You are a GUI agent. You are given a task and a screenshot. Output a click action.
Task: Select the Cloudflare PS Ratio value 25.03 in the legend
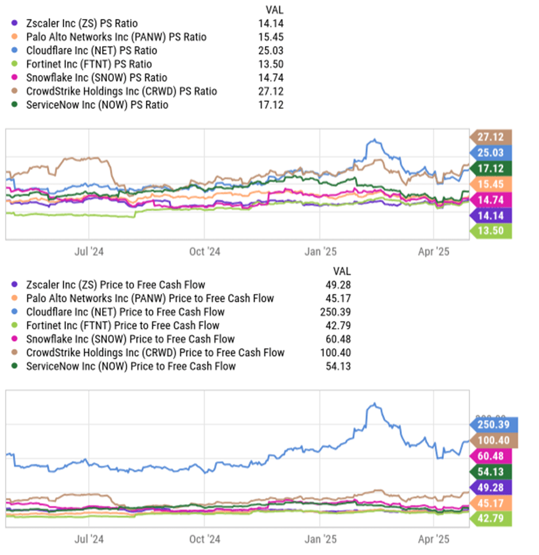pos(271,50)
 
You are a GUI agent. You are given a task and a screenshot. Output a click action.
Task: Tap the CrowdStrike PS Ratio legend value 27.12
pos(271,91)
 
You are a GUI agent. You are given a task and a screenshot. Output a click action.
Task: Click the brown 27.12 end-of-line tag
pos(491,138)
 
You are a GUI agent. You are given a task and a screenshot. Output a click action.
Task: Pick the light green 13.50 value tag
pos(491,230)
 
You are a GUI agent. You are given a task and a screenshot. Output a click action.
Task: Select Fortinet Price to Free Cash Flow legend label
pos(114,326)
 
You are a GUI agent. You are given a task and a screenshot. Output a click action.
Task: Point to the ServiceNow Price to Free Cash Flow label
pos(131,366)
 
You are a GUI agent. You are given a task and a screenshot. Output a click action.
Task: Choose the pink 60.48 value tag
pos(491,456)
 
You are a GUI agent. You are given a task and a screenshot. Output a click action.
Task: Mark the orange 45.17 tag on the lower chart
pos(491,503)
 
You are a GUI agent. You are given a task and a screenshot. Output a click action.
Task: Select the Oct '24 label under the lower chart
pos(204,540)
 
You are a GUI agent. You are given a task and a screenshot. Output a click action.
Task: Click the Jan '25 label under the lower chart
pos(319,540)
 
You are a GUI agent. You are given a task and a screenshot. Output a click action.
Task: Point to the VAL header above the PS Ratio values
pos(274,10)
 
